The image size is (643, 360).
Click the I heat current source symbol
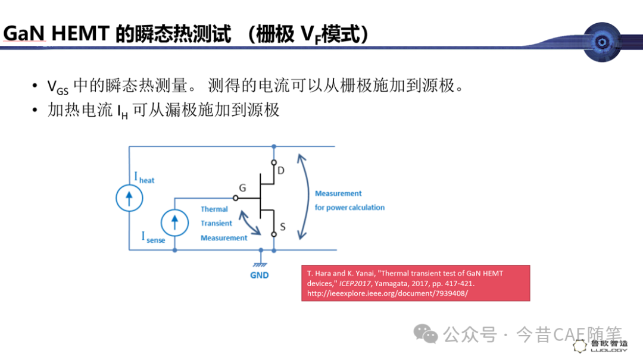(129, 198)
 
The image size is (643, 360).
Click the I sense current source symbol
(174, 223)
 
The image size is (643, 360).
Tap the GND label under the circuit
(260, 275)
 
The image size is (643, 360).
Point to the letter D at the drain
(281, 171)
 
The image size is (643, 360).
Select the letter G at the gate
(242, 188)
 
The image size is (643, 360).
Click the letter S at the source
(283, 227)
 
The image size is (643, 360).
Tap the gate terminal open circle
(235, 198)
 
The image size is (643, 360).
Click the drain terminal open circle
(274, 162)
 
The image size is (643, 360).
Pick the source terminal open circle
(274, 234)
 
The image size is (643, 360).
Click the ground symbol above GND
(260, 263)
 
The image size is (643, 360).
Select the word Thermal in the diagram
(214, 209)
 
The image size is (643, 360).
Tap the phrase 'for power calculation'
(350, 208)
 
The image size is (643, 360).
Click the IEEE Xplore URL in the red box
(388, 293)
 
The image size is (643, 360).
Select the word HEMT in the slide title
(81, 33)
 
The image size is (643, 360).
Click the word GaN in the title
(24, 33)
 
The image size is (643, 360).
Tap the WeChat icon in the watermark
(426, 334)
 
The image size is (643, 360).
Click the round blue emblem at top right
(602, 42)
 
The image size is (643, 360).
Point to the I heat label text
(144, 178)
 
